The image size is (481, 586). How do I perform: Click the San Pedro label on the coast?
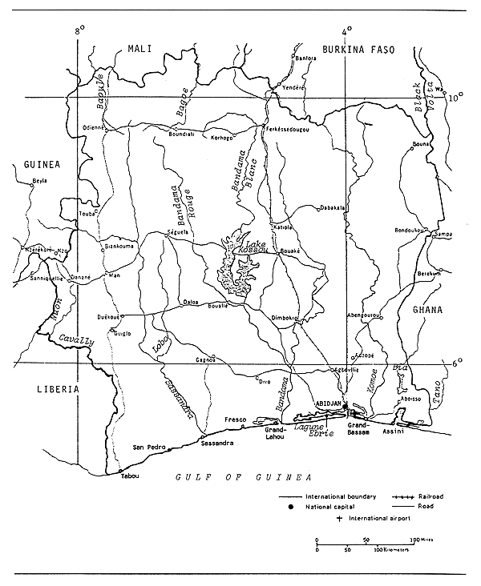pos(148,447)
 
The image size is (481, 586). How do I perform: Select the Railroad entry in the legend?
pos(430,496)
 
